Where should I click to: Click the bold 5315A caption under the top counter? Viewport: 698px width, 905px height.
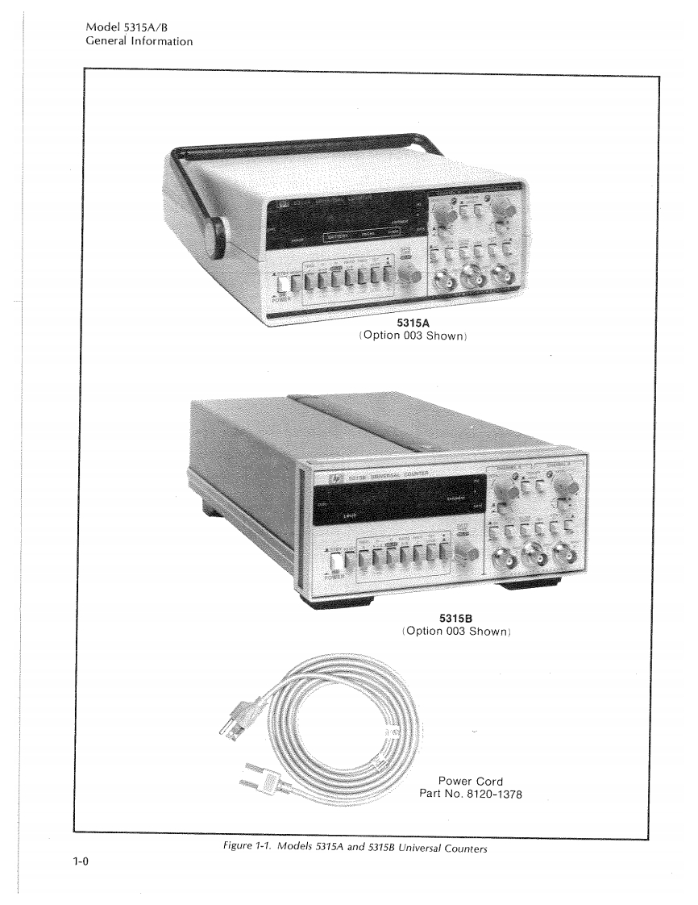point(413,324)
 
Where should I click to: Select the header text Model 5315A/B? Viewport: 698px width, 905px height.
point(131,27)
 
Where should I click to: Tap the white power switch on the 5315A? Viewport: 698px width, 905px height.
point(283,283)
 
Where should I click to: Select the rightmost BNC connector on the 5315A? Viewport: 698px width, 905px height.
point(505,278)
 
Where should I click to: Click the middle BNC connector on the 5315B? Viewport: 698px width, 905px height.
point(533,554)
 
